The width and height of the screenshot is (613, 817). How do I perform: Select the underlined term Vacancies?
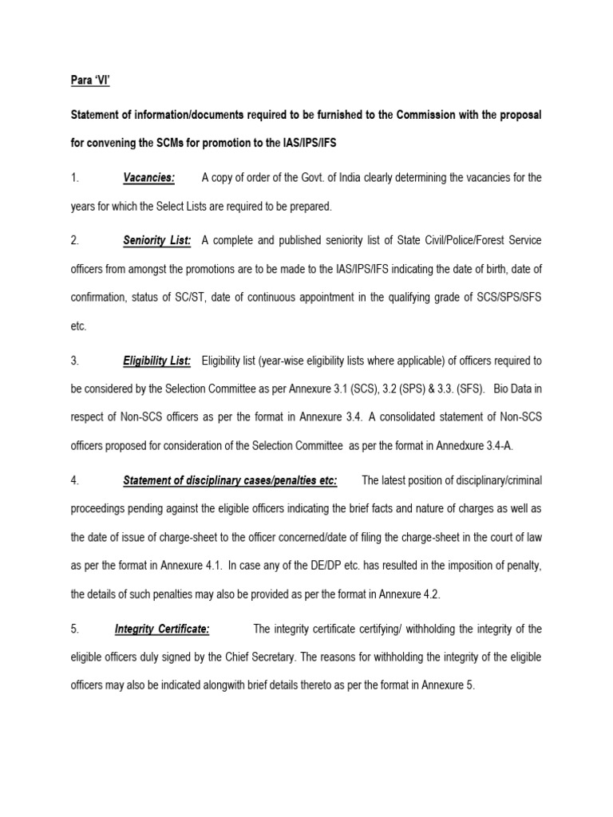149,177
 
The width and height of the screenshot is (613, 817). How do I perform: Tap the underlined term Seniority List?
157,239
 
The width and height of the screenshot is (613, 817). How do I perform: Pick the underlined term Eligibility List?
157,361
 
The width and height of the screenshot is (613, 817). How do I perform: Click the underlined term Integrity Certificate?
162,629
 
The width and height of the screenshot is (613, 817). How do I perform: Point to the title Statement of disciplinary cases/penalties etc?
231,480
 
